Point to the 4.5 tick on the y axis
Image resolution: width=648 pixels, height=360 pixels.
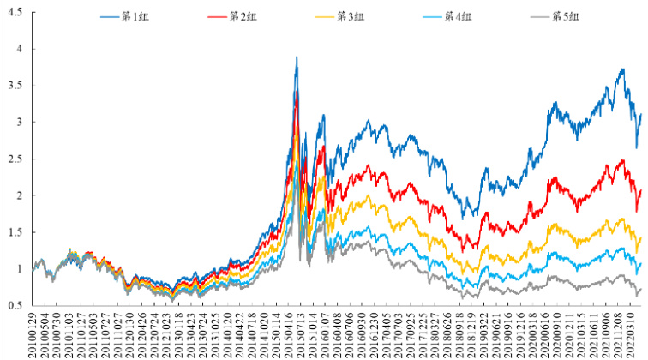[x=15, y=13]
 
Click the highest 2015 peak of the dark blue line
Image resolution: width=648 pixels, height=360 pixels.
[x=297, y=57]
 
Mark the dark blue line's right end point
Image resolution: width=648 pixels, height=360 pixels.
[x=641, y=114]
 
